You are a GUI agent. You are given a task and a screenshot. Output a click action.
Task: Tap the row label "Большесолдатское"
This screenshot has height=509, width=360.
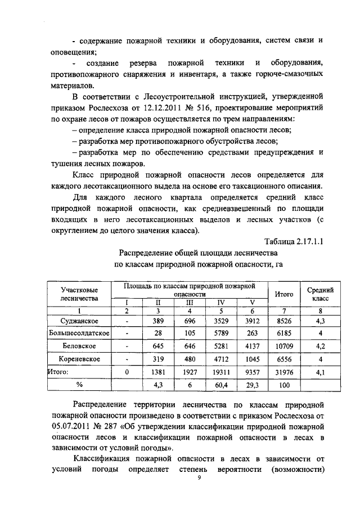(80, 333)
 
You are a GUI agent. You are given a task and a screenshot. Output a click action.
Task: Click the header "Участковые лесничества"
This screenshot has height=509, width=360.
(80, 294)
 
